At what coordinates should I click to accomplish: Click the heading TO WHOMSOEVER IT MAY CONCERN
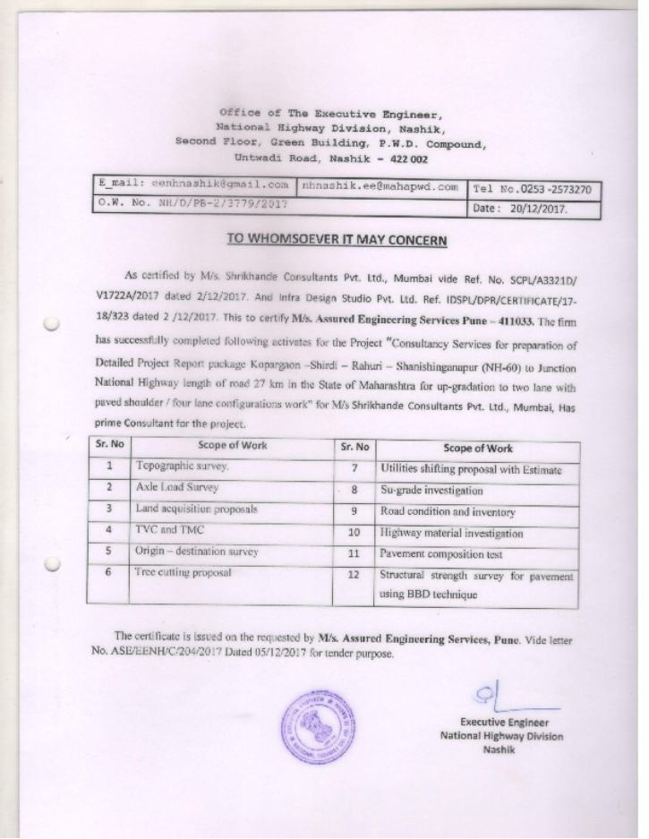pyautogui.click(x=336, y=239)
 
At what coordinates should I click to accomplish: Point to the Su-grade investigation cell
pyautogui.click(x=431, y=490)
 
